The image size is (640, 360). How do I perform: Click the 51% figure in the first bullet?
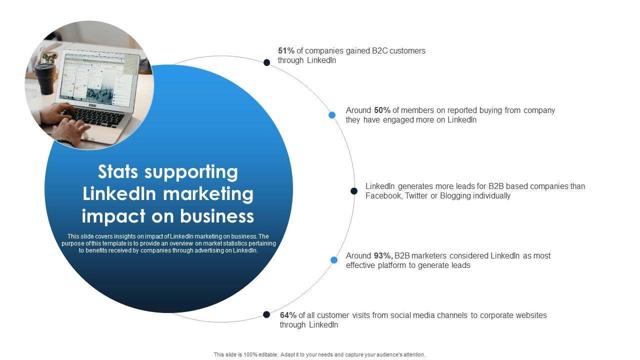(x=286, y=50)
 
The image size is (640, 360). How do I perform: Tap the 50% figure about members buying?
(x=382, y=110)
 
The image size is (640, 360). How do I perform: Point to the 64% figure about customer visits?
(x=288, y=315)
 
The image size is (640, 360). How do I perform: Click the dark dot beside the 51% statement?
(x=267, y=62)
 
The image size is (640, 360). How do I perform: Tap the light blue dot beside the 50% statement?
(x=332, y=115)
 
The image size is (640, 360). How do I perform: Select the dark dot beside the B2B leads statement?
(x=354, y=191)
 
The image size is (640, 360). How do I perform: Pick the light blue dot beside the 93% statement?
(x=334, y=260)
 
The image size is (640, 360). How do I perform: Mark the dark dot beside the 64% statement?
(x=267, y=314)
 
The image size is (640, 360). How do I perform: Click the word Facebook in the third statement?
(x=383, y=196)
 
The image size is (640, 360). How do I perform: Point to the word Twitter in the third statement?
(x=416, y=196)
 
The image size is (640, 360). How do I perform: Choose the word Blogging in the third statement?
(x=455, y=196)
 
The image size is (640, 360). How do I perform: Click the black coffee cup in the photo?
(x=45, y=78)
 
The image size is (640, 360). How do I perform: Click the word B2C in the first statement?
(x=379, y=50)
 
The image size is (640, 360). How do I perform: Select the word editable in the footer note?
(x=268, y=354)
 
